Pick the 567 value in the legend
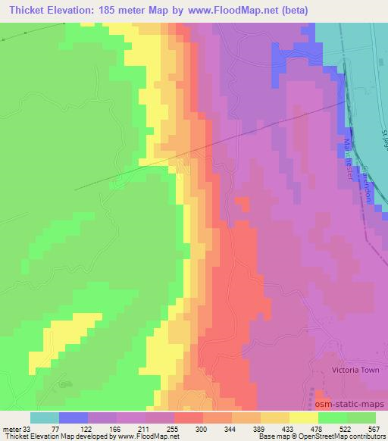point(374,429)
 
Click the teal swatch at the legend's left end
point(45,418)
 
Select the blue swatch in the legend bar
point(74,418)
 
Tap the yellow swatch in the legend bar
point(304,418)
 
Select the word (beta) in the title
point(318,10)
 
